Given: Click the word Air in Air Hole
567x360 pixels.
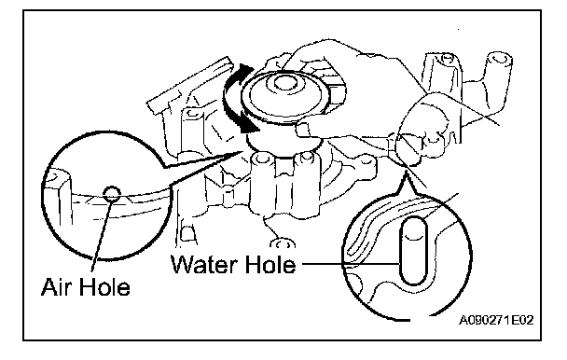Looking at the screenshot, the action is coord(56,287).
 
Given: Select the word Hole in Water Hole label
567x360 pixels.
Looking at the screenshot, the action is coord(270,264).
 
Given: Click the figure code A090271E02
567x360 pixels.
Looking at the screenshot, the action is coord(496,320).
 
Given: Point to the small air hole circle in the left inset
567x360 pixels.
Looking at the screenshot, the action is coord(111,194).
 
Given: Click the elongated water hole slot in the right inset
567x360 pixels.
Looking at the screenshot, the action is coord(413,250).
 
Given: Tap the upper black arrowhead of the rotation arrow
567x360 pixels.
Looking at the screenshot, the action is coord(245,70).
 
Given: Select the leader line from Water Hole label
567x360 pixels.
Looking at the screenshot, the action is coord(351,264).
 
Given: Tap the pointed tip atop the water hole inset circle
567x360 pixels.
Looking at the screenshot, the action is coord(407,172).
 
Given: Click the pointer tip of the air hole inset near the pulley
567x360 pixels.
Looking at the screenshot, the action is coord(240,151).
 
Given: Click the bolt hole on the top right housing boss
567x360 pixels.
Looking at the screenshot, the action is coord(448,57).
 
